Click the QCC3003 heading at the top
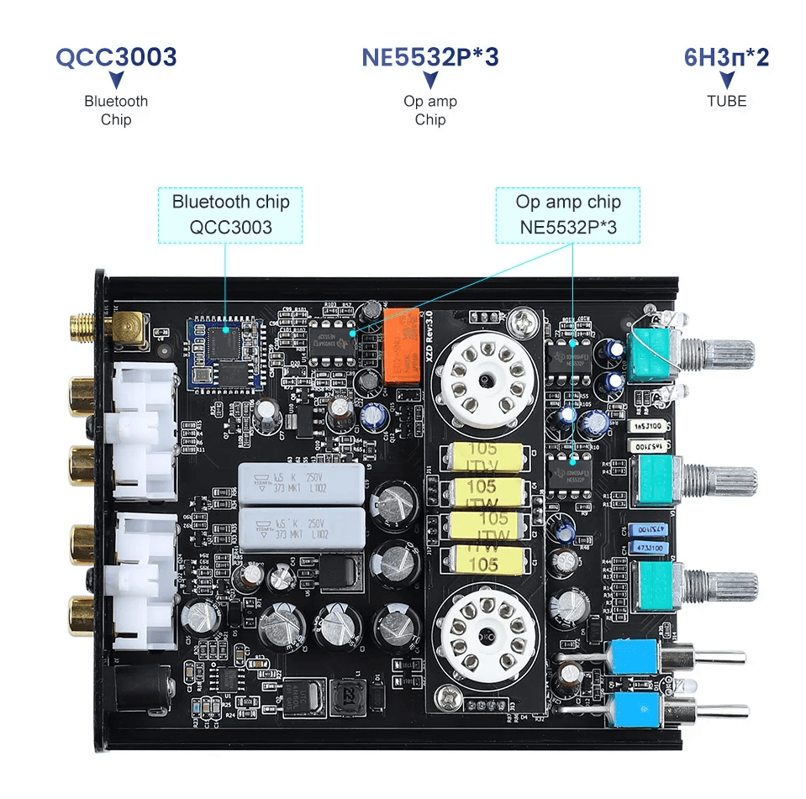(x=116, y=57)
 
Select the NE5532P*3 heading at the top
(x=429, y=57)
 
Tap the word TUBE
(x=726, y=101)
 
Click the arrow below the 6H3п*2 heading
(x=727, y=81)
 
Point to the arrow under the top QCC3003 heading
(x=116, y=81)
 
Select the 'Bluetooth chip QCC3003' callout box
(x=230, y=214)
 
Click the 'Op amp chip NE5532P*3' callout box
(x=568, y=214)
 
